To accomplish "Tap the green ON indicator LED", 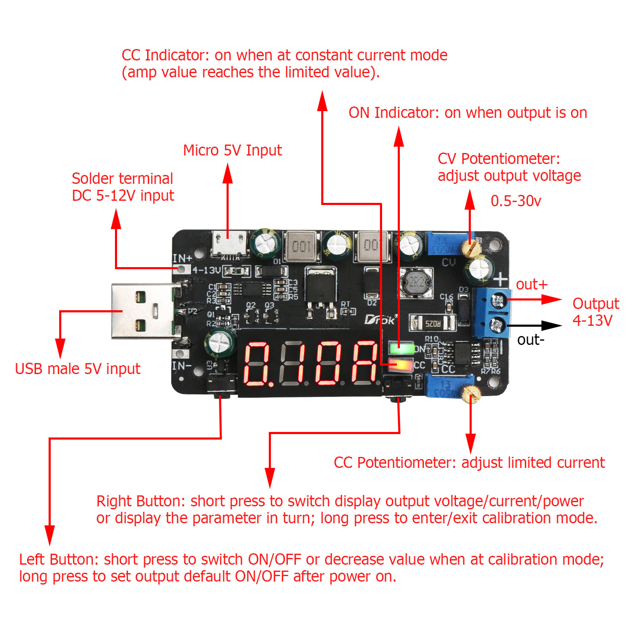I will tap(401, 349).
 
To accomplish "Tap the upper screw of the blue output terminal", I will tap(497, 301).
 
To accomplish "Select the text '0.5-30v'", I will tap(516, 201).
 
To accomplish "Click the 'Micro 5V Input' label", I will tap(232, 150).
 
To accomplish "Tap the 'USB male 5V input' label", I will tap(77, 369).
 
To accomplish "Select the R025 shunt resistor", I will tap(432, 323).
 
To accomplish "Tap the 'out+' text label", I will tap(531, 284).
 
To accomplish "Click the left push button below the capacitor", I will tap(221, 385).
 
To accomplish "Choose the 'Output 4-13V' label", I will tap(595, 312).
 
